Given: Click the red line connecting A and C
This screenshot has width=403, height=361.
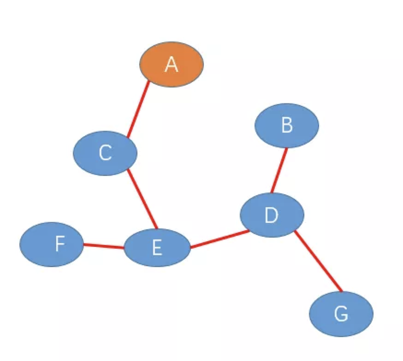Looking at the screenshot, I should pos(138,110).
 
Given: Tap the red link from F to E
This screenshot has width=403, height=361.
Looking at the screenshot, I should pos(104,245).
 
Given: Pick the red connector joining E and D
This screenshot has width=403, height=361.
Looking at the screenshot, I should pos(220,239).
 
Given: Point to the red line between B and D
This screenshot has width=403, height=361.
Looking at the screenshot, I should pos(279,170).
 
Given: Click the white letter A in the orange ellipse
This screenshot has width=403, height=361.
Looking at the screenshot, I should pos(171,64).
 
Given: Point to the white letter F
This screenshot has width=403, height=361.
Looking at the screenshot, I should pos(59,244).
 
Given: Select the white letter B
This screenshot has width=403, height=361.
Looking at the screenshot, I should pos(286,125).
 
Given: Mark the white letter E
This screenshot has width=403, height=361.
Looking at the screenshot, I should pos(157,248).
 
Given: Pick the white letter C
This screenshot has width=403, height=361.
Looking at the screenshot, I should pos(105,153).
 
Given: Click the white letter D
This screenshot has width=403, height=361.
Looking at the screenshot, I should pos(271,215).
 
